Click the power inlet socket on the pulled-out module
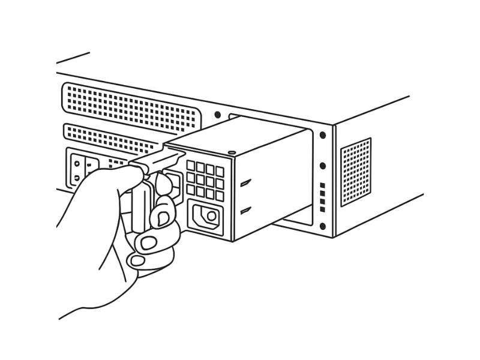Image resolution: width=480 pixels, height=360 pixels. click(x=206, y=217)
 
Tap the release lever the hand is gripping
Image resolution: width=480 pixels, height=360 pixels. click(x=157, y=161)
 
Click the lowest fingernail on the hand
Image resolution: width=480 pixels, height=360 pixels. click(x=139, y=261)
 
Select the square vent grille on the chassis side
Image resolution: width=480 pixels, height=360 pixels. click(x=356, y=172)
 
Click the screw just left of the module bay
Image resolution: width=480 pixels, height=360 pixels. click(x=217, y=115)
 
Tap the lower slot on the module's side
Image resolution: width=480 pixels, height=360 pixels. click(x=245, y=211)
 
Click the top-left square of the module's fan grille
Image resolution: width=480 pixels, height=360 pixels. click(x=191, y=164)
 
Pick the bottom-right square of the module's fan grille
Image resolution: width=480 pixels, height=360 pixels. click(x=220, y=196)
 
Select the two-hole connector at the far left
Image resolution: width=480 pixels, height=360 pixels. click(x=77, y=169)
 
